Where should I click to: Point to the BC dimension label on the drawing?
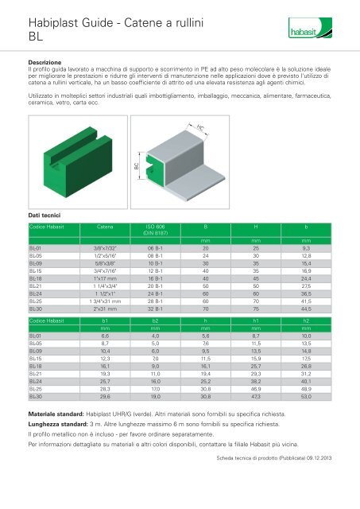pos(137,166)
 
